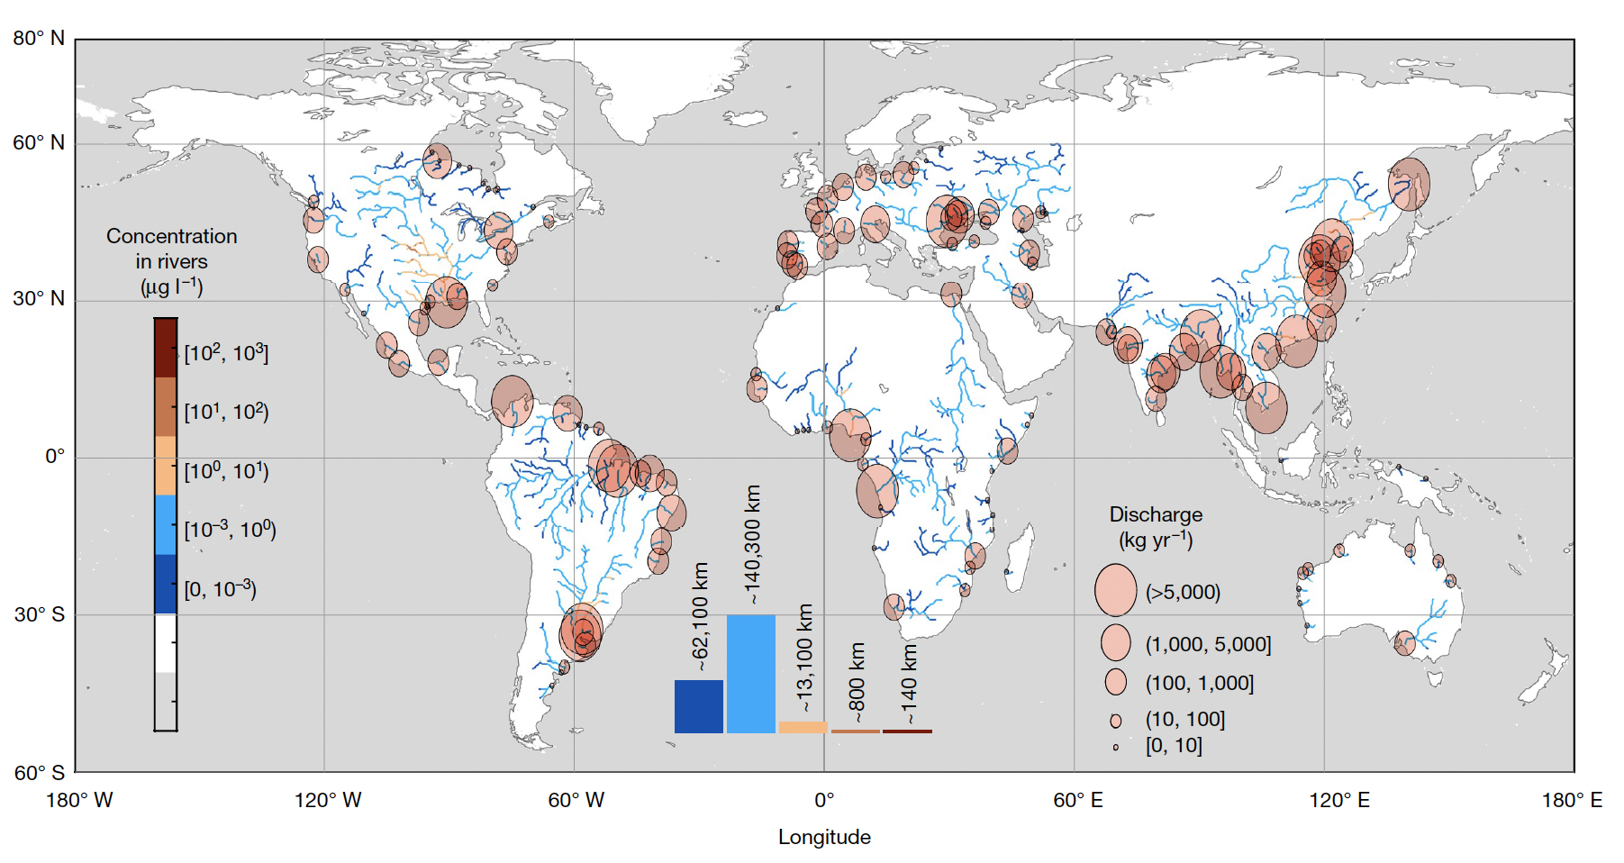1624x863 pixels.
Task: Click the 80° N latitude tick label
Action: tap(39, 38)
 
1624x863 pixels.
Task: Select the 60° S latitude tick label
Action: tap(39, 772)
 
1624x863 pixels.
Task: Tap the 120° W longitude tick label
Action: tap(328, 800)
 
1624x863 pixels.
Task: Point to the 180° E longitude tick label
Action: tap(1572, 800)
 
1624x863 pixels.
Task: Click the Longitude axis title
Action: tap(824, 837)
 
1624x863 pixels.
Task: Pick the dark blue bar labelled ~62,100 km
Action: tap(699, 706)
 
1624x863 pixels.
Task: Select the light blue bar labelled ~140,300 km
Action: tap(751, 674)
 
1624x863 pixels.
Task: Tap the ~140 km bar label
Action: tap(910, 683)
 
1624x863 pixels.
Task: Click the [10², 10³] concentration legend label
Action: tap(226, 353)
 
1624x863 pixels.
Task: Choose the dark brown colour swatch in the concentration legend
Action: tap(166, 348)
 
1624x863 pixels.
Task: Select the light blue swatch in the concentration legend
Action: tap(166, 524)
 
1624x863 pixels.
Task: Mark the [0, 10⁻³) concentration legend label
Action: tap(221, 589)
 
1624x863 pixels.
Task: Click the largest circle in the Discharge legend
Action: tap(1115, 591)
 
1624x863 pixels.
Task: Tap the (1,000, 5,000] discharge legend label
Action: tap(1208, 644)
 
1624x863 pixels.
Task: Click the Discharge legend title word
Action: tap(1156, 514)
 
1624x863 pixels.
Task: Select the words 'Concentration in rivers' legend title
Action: tap(172, 249)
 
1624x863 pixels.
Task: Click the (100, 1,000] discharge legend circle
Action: tap(1116, 682)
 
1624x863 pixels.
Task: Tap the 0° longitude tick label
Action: tap(824, 800)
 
